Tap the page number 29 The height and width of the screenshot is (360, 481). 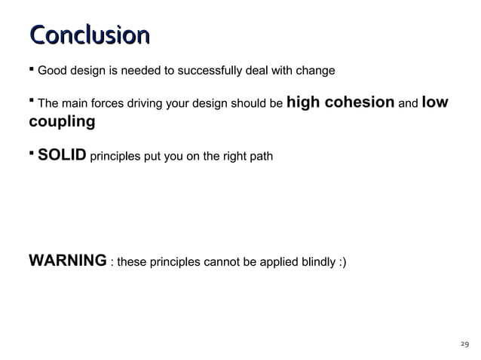[464, 344]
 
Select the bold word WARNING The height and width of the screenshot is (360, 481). [67, 261]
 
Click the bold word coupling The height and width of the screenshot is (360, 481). [62, 121]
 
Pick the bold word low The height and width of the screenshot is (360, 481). [436, 102]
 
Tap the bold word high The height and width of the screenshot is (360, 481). [305, 102]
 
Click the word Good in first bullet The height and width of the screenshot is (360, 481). [52, 72]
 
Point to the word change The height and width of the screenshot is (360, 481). [316, 72]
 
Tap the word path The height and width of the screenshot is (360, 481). [261, 157]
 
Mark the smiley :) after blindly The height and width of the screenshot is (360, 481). [342, 263]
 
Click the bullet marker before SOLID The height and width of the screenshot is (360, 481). [32, 153]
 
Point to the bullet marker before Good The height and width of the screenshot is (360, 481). [32, 70]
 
